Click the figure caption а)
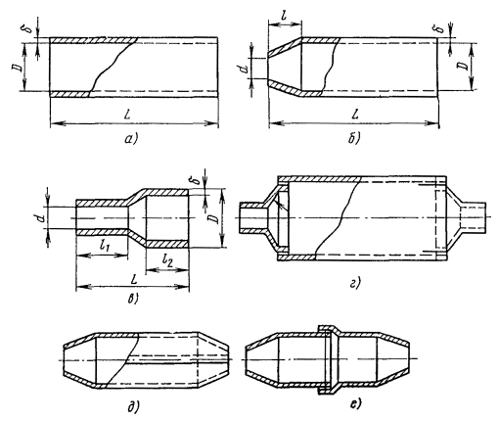click(131, 140)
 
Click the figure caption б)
click(353, 139)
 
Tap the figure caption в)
click(133, 299)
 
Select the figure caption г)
click(354, 283)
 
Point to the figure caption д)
click(133, 406)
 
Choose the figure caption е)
click(354, 404)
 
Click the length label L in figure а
click(129, 114)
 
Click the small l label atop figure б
click(284, 16)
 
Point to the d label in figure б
click(246, 68)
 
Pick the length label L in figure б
click(355, 114)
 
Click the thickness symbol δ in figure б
click(440, 28)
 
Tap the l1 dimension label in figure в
click(105, 247)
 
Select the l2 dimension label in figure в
click(167, 260)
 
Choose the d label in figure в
click(41, 217)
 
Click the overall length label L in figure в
click(133, 279)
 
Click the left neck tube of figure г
click(253, 217)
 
